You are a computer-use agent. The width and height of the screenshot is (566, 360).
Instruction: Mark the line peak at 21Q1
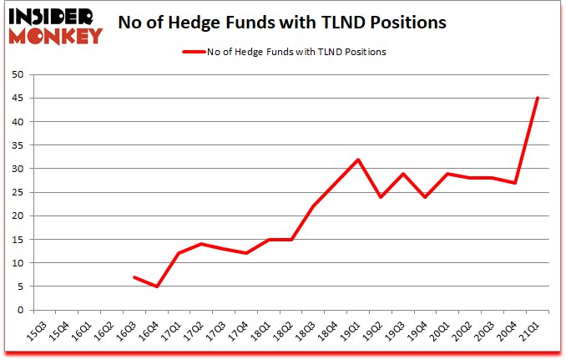pos(537,99)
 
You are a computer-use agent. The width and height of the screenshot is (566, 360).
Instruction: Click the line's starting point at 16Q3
pos(134,277)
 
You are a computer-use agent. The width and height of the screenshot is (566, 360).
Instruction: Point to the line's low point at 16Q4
pos(157,286)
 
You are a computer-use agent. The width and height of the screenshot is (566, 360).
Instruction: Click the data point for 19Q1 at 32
pos(357,160)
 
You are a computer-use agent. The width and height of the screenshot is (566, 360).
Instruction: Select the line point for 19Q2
pos(380,197)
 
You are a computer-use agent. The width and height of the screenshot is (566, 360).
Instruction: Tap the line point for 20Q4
pos(514,183)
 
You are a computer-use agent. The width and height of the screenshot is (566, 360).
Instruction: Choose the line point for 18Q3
pos(312,206)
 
